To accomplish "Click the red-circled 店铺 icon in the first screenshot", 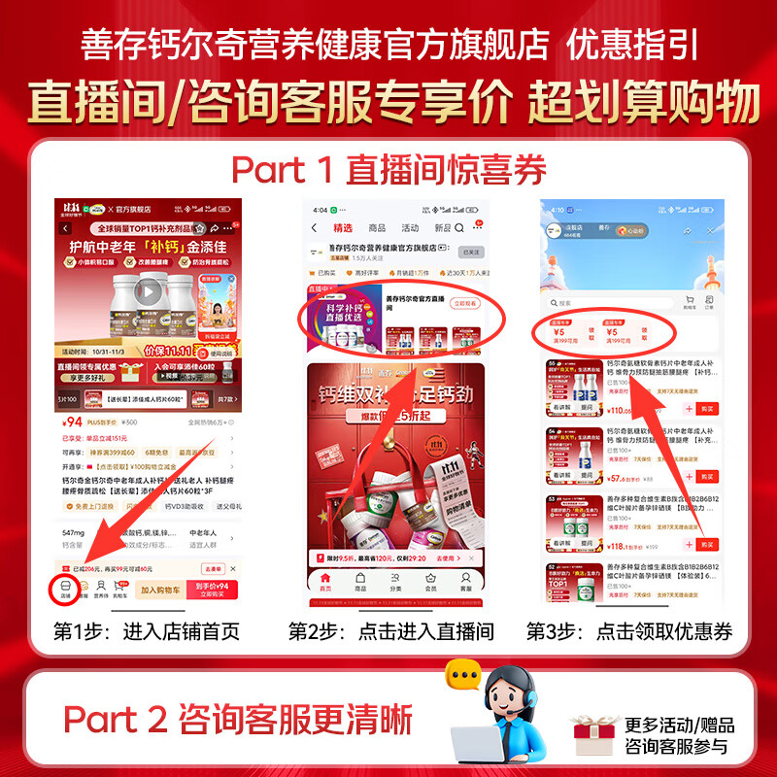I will [x=66, y=589].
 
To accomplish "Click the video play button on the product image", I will [x=147, y=290].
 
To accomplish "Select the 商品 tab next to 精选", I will [x=377, y=227].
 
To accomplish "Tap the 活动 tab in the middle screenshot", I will [x=410, y=227].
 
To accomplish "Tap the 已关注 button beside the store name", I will [x=470, y=252].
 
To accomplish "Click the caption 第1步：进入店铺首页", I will [x=147, y=631].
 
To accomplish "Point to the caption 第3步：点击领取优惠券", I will [x=629, y=631].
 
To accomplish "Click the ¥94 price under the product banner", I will [x=73, y=422].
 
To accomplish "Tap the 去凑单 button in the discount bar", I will [x=213, y=568].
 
